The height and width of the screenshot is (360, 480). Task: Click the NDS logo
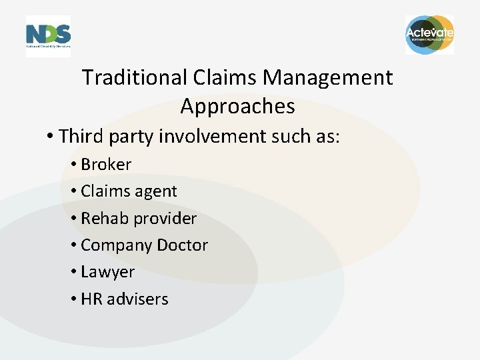point(48,35)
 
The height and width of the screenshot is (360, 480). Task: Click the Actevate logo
point(429,35)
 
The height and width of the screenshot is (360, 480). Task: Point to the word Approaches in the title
point(237,107)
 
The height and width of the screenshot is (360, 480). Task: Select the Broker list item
point(105,164)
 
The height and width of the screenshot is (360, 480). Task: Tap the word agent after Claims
point(155,192)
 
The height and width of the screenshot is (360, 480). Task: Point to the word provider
point(165,219)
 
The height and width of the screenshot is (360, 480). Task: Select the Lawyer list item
point(107,273)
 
